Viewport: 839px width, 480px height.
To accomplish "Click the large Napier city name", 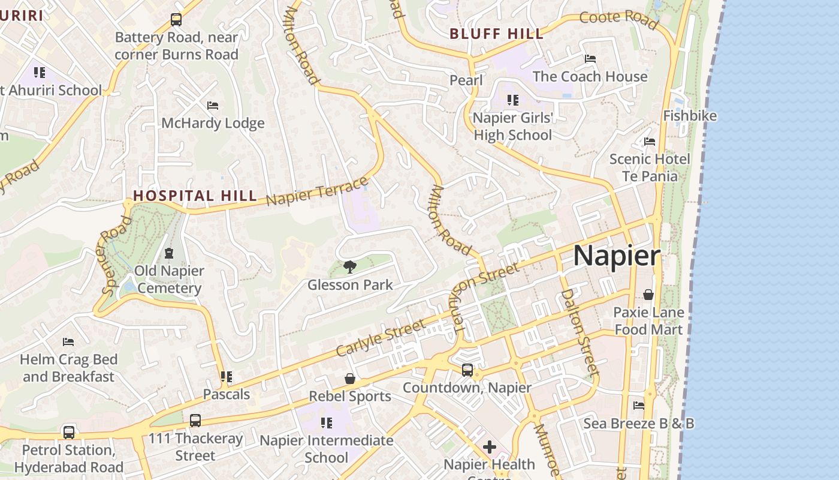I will pyautogui.click(x=617, y=256).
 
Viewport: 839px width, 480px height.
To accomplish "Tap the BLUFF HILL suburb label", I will pyautogui.click(x=497, y=34).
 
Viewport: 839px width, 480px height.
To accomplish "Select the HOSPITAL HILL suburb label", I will pyautogui.click(x=195, y=196).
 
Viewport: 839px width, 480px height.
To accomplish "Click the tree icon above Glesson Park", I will pyautogui.click(x=350, y=267).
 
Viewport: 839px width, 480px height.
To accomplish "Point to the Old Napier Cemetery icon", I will pyautogui.click(x=168, y=253).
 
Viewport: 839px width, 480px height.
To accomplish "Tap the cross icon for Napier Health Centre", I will pyautogui.click(x=490, y=447).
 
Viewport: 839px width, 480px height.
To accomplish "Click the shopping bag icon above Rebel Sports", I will pyautogui.click(x=350, y=379).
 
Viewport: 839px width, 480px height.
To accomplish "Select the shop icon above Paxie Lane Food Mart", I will pyautogui.click(x=648, y=295).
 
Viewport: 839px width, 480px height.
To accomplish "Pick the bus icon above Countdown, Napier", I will pyautogui.click(x=467, y=370).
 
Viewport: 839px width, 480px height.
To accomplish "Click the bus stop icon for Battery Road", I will pyautogui.click(x=176, y=20).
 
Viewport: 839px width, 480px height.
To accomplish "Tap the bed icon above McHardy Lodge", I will pyautogui.click(x=213, y=106).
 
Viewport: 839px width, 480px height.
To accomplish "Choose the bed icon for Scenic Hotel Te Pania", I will pyautogui.click(x=650, y=142).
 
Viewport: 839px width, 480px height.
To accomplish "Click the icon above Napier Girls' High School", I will pyautogui.click(x=512, y=100).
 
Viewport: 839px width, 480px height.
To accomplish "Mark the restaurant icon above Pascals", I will pyautogui.click(x=226, y=377).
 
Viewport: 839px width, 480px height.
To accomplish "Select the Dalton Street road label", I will pyautogui.click(x=580, y=332).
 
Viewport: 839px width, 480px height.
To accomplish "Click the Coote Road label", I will pyautogui.click(x=619, y=19).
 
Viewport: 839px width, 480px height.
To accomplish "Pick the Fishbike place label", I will pyautogui.click(x=689, y=116).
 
